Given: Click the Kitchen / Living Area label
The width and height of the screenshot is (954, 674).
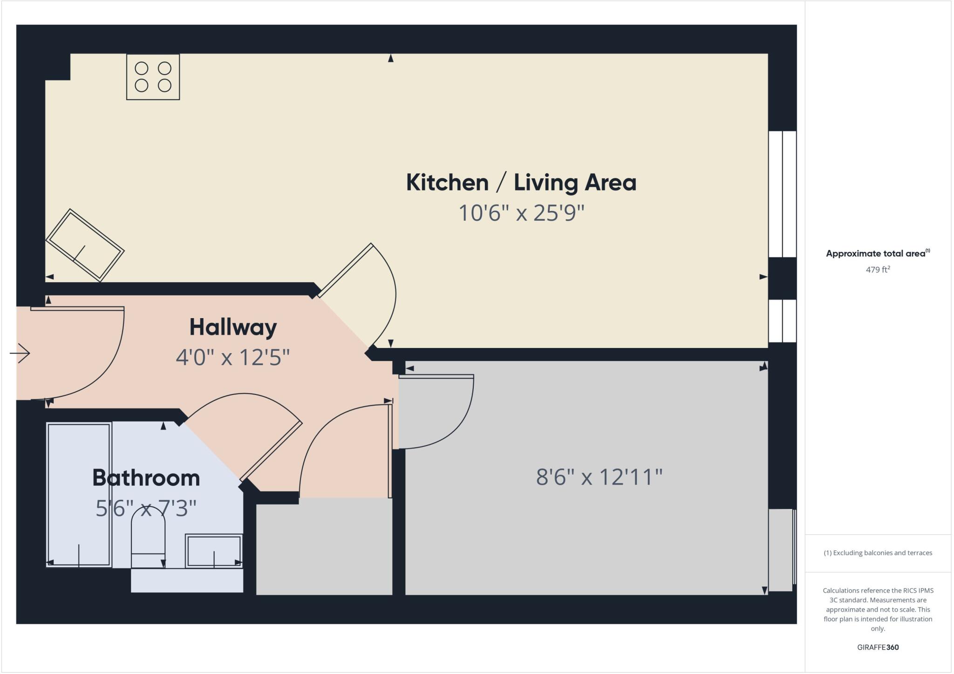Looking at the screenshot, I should tap(521, 182).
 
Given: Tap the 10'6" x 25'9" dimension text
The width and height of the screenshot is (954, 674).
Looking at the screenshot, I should tap(521, 213).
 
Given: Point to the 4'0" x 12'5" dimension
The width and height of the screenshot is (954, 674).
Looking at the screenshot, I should tap(233, 358).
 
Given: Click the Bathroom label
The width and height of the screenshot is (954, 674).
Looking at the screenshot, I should tap(146, 478).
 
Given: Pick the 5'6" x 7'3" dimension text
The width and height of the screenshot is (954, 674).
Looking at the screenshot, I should tap(146, 508).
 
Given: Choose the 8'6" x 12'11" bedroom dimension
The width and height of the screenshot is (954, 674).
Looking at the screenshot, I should tap(599, 477).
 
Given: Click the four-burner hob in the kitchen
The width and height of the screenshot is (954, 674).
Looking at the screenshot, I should tap(153, 77).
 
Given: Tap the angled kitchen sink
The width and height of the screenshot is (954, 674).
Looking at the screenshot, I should tap(85, 245).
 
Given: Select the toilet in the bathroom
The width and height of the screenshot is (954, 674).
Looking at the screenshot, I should tap(148, 538).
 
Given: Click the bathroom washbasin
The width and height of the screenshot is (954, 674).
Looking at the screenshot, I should tap(214, 551).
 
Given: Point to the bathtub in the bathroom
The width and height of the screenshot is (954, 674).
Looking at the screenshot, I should tap(79, 495).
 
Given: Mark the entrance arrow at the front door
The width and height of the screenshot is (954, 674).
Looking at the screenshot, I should tap(20, 353).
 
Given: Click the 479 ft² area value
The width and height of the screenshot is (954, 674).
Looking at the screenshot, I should tap(878, 270).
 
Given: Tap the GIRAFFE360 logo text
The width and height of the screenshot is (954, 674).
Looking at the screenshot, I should tap(878, 647).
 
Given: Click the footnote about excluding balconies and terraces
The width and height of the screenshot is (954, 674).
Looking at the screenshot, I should tap(878, 553).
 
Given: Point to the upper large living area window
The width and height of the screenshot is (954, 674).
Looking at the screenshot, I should tap(782, 194).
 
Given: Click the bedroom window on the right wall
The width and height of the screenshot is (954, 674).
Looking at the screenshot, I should tap(782, 550).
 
